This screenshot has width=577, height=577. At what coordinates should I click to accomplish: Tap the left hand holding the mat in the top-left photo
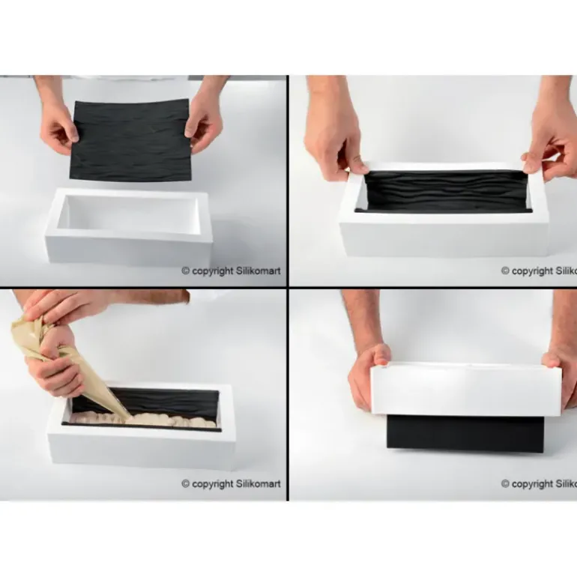(x=58, y=124)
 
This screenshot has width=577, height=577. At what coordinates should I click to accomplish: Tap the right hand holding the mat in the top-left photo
(x=204, y=120)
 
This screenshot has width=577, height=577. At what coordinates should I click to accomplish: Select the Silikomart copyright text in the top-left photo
(x=231, y=271)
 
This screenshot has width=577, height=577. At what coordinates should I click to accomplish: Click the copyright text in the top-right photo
(x=538, y=271)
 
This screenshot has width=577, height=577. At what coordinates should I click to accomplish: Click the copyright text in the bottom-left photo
(x=231, y=484)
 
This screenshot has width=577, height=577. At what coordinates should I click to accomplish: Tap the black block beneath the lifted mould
(x=465, y=435)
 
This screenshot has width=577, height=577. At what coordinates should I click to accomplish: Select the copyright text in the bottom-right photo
(x=538, y=484)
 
